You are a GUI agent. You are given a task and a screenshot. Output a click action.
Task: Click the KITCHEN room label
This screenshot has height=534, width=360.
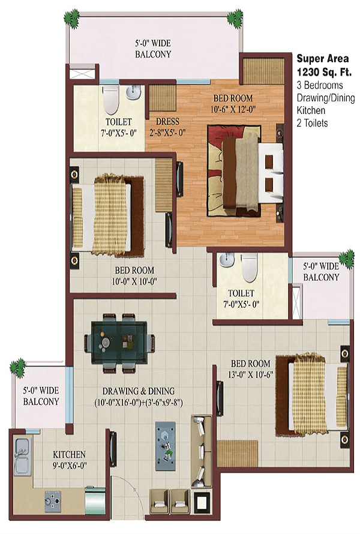click(69, 454)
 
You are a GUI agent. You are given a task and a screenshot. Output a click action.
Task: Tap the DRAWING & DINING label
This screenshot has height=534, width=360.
click(139, 391)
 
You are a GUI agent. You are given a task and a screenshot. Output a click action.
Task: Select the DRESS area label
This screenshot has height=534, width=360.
click(167, 122)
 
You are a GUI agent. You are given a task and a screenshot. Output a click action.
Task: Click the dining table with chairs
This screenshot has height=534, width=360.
click(119, 342)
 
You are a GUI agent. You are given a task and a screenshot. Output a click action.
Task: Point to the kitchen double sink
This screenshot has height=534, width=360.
click(22, 457)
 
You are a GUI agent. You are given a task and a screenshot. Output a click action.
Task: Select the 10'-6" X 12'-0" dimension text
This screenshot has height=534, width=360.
click(233, 110)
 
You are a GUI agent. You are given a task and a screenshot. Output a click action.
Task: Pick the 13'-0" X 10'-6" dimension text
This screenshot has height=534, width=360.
click(251, 375)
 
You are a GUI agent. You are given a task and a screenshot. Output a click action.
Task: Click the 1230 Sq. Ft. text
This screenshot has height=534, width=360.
click(324, 72)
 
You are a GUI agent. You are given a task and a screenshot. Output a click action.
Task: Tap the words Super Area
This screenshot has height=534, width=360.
click(323, 59)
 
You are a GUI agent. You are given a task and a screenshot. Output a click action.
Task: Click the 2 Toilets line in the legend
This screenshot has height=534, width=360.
click(313, 123)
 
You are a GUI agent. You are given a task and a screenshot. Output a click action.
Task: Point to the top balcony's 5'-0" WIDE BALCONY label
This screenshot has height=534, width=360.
click(153, 49)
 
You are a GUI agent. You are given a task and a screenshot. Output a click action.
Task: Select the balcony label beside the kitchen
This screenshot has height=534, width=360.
click(41, 396)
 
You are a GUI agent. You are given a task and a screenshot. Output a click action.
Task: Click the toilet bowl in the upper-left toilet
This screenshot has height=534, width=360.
click(110, 100)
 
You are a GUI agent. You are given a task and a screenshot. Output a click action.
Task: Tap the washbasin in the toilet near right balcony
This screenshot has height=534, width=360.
click(226, 260)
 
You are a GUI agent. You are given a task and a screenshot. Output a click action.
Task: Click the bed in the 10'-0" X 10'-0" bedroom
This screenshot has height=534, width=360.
click(107, 215)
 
